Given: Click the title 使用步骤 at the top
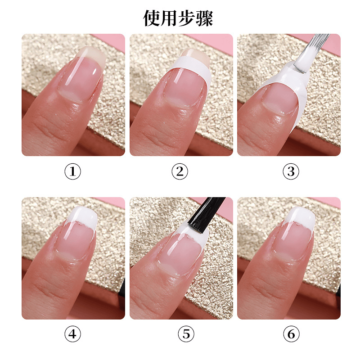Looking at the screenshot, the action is click(178, 18).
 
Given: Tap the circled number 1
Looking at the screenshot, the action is click(72, 171).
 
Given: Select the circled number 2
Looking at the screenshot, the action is click(180, 171).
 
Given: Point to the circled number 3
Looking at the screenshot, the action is click(291, 171).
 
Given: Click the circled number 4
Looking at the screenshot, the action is click(72, 334).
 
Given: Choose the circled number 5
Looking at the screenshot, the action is click(186, 334).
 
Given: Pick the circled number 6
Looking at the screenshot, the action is click(291, 334).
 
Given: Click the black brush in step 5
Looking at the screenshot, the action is click(206, 214).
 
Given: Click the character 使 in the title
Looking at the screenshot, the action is click(152, 18).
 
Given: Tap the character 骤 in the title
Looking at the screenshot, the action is click(205, 18).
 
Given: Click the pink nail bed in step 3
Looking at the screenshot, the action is click(280, 99).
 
